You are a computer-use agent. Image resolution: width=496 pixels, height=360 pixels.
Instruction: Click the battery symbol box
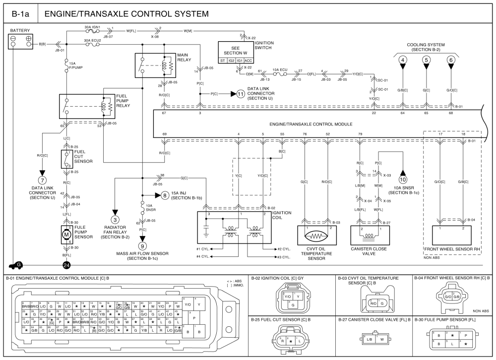pyautogui.click(x=20, y=42)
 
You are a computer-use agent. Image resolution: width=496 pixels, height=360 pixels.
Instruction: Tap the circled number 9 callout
pyautogui.click(x=142, y=245)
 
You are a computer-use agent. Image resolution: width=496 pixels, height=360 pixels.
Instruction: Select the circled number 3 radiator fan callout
pyautogui.click(x=115, y=219)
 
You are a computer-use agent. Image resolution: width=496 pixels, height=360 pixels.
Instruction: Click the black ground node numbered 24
pyautogui.click(x=66, y=265)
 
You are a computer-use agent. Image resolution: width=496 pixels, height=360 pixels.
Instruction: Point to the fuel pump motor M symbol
pyautogui.click(x=66, y=234)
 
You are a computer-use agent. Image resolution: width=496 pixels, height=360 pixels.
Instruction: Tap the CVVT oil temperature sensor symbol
pyautogui.click(x=314, y=233)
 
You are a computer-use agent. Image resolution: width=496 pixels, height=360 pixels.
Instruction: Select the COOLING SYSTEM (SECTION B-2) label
pyautogui.click(x=426, y=47)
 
